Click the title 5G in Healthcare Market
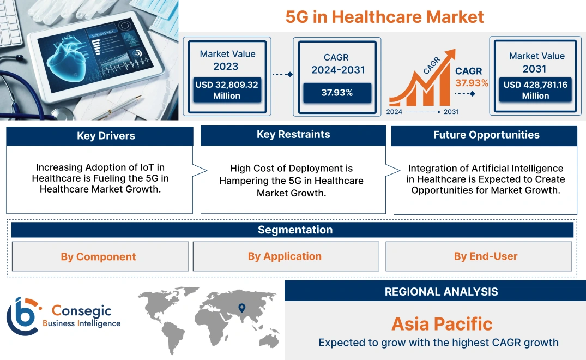(x=384, y=16)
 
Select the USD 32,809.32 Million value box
(x=226, y=90)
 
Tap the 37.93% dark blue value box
(x=337, y=93)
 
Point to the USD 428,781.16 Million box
(x=535, y=90)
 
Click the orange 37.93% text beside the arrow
(x=472, y=83)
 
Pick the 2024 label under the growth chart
(x=395, y=112)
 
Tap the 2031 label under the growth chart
(x=451, y=112)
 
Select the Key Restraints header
(x=293, y=135)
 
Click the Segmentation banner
(x=294, y=230)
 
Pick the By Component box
(x=98, y=256)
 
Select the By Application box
(x=285, y=256)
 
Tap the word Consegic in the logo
(x=82, y=311)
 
